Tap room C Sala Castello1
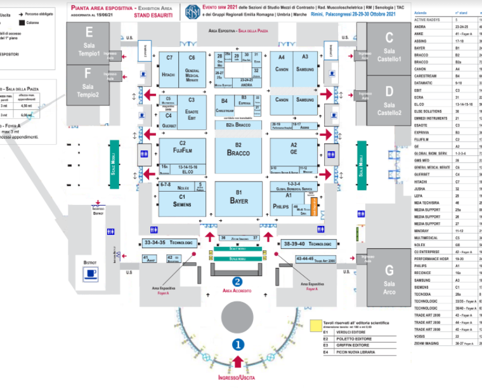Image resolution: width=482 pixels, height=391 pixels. [x=389, y=48]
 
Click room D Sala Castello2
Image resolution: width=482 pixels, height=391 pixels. [x=389, y=102]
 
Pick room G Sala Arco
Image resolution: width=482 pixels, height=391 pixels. [x=389, y=279]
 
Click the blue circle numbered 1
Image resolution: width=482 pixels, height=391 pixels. [x=238, y=345]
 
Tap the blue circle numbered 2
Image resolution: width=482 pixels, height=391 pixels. [x=237, y=282]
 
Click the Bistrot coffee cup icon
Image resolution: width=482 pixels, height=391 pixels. [x=91, y=274]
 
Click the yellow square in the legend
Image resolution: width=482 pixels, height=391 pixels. [x=315, y=324]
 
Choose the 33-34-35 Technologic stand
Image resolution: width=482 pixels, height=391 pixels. [x=168, y=242]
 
